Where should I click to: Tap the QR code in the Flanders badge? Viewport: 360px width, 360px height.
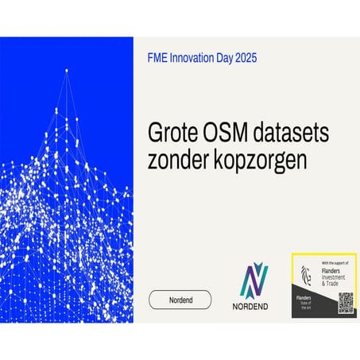pyautogui.click(x=345, y=303)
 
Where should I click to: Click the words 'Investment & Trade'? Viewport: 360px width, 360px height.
pyautogui.click(x=336, y=281)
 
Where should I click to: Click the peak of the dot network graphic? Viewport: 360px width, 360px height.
pyautogui.click(x=67, y=71)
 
